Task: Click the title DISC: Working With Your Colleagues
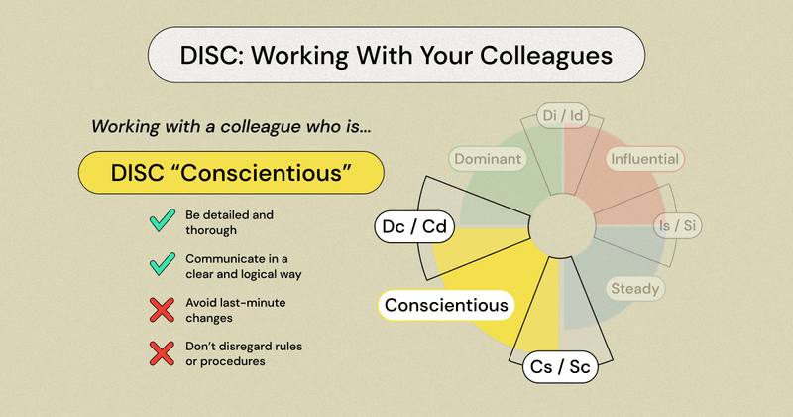coord(396,53)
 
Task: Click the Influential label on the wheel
coord(644,158)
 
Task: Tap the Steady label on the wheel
coord(634,289)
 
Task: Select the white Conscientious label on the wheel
coord(446,305)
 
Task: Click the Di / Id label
coord(562,116)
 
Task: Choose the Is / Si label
coord(677,225)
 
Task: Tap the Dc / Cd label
coord(415,228)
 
